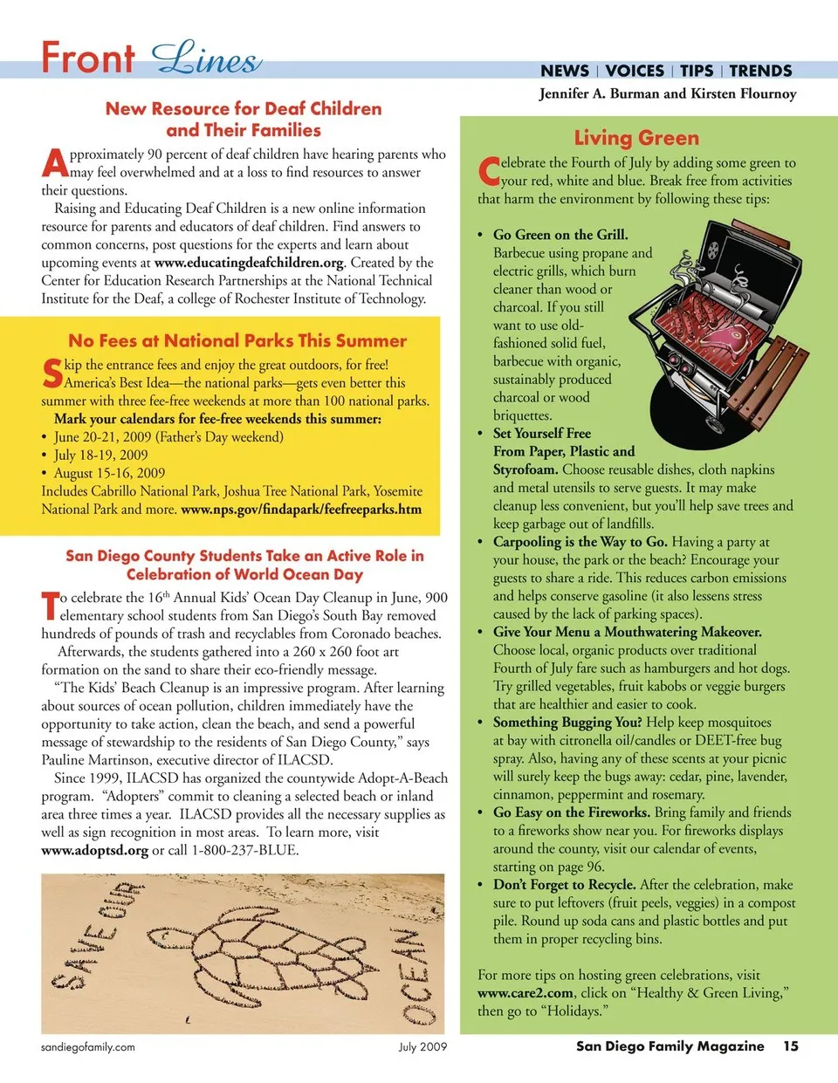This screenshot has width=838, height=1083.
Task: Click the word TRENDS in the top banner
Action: point(760,71)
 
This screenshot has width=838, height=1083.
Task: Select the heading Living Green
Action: point(636,138)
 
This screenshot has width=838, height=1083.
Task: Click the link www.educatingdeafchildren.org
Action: point(249,263)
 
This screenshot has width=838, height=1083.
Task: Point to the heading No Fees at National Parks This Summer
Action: point(237,340)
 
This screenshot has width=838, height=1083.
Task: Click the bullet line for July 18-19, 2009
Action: point(100,455)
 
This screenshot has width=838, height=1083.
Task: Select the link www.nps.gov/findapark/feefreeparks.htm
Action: point(301,509)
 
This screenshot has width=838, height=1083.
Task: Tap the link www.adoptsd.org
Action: point(94,850)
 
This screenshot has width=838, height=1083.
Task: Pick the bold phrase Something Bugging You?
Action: point(567,723)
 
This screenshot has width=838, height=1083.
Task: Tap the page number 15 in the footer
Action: point(790,1045)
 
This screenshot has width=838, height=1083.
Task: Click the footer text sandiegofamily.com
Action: point(88,1047)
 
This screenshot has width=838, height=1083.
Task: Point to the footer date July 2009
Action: point(422,1047)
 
